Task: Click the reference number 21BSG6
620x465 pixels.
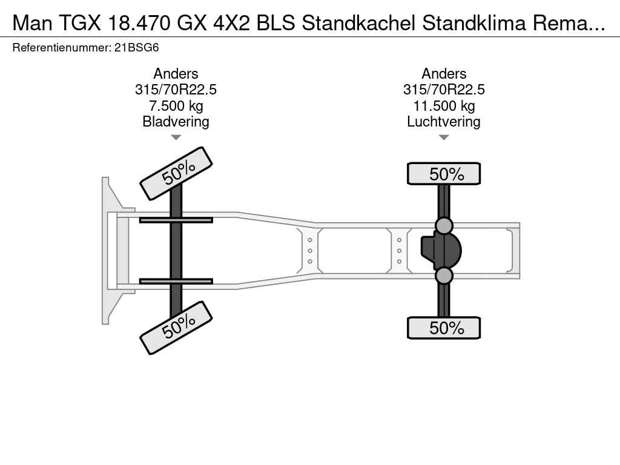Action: pyautogui.click(x=136, y=48)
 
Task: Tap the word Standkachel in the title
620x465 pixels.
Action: pyautogui.click(x=358, y=23)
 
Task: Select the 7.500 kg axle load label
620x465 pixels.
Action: pyautogui.click(x=176, y=105)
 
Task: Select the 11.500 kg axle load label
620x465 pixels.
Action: pyautogui.click(x=444, y=105)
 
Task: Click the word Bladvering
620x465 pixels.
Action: pyautogui.click(x=176, y=121)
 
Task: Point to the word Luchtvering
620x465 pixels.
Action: pyautogui.click(x=444, y=121)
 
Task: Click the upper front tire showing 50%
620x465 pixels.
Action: pyautogui.click(x=176, y=174)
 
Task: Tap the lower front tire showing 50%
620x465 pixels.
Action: pyautogui.click(x=176, y=328)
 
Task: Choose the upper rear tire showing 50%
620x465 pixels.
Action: pyautogui.click(x=444, y=174)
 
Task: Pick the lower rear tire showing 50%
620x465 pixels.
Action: pyautogui.click(x=444, y=328)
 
